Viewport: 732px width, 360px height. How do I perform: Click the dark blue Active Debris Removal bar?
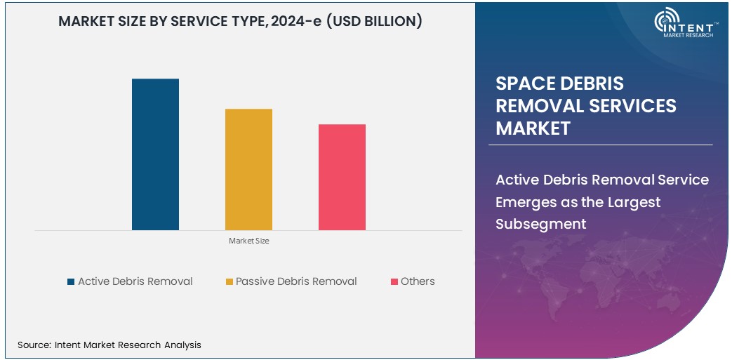pyautogui.click(x=155, y=154)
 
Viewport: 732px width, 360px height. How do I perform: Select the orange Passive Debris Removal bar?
pyautogui.click(x=248, y=169)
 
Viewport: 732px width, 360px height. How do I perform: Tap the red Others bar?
pyautogui.click(x=342, y=177)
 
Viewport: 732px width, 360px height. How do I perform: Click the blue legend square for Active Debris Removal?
pyautogui.click(x=70, y=282)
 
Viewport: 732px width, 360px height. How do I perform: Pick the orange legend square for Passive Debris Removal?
pyautogui.click(x=229, y=282)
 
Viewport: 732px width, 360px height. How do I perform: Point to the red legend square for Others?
pyautogui.click(x=394, y=282)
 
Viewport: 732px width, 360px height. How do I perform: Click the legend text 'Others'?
pyautogui.click(x=418, y=281)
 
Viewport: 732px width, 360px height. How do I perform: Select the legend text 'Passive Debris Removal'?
pyautogui.click(x=296, y=281)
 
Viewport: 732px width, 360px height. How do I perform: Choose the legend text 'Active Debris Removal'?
pyautogui.click(x=135, y=281)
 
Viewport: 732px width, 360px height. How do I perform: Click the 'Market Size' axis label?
pyautogui.click(x=248, y=241)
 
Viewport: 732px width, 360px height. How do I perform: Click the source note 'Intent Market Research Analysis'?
pyautogui.click(x=127, y=345)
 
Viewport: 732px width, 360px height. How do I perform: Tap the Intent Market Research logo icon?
pyautogui.click(x=666, y=22)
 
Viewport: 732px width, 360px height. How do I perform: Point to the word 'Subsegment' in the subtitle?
pyautogui.click(x=540, y=224)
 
